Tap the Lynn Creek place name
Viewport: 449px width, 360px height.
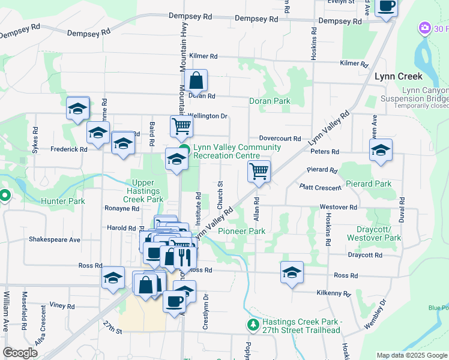click(399, 76)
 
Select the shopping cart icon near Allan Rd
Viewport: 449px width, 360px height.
click(259, 171)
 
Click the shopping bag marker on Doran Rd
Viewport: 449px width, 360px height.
click(196, 80)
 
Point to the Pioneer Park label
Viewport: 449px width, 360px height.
click(241, 231)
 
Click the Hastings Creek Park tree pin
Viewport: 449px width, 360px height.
click(253, 325)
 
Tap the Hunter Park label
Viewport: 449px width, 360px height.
click(63, 202)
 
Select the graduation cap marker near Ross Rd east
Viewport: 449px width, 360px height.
click(292, 272)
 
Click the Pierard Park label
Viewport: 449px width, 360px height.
click(366, 184)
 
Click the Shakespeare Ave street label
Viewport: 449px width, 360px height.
click(55, 239)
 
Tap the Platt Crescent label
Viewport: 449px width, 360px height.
click(321, 187)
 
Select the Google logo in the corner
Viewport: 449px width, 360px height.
click(20, 353)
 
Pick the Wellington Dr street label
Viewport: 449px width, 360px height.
click(208, 116)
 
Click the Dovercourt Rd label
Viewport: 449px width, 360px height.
click(280, 138)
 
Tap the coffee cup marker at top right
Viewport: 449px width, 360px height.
click(386, 6)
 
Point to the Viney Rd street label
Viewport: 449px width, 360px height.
click(62, 305)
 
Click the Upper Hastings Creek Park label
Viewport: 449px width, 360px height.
click(140, 191)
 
